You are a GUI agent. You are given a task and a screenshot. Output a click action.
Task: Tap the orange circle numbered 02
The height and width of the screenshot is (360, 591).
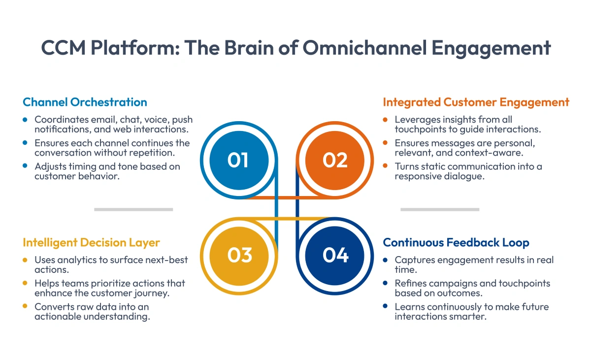click(335, 160)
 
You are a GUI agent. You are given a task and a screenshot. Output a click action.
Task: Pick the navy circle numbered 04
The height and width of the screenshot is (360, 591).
click(335, 255)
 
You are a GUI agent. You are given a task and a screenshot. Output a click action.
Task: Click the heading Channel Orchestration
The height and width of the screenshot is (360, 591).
click(85, 102)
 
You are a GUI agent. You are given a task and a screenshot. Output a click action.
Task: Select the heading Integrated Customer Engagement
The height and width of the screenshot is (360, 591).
click(476, 102)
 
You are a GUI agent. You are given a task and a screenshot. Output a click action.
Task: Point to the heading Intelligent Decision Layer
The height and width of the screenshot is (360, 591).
click(91, 242)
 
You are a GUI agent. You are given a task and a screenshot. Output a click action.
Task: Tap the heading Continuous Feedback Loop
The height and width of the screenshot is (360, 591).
click(456, 242)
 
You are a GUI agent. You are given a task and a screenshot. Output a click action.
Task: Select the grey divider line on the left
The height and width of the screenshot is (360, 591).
click(133, 209)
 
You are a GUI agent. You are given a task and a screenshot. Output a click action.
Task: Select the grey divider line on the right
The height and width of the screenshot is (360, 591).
click(440, 209)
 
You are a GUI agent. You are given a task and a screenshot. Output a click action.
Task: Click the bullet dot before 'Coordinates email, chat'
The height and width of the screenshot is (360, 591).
click(25, 120)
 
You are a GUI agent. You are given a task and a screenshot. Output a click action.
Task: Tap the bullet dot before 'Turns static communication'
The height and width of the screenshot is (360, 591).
click(386, 166)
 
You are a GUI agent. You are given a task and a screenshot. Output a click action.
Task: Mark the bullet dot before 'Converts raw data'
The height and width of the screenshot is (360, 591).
click(25, 307)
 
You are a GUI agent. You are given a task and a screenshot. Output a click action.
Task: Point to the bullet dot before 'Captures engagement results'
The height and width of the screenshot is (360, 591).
click(386, 260)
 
